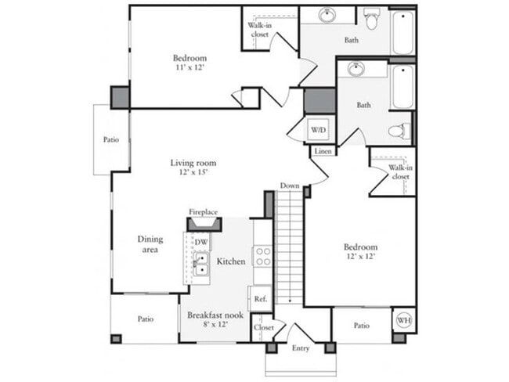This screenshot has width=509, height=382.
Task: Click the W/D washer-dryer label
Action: click(x=318, y=129)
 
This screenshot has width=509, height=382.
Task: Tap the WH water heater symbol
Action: click(x=404, y=320)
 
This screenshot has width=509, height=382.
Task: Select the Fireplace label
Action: click(x=203, y=212)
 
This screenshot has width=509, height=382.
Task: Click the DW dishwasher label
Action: click(x=201, y=243)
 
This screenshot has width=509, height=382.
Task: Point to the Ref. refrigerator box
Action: click(x=260, y=297)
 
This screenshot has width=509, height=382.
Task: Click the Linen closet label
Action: click(x=322, y=151)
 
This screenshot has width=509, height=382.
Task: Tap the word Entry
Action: click(x=301, y=348)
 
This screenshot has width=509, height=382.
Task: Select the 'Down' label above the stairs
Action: click(x=290, y=186)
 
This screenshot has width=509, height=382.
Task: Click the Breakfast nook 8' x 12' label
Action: click(x=214, y=319)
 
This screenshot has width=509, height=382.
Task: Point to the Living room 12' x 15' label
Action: click(x=193, y=168)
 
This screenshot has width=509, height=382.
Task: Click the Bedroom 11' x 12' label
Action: click(x=190, y=63)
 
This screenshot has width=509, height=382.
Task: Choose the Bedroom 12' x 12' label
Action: click(x=360, y=251)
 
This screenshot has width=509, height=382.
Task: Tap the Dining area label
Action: click(x=150, y=244)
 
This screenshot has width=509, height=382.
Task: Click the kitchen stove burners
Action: click(x=263, y=258)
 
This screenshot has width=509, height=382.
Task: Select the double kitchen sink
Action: click(x=201, y=264)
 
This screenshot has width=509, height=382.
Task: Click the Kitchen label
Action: click(x=232, y=261)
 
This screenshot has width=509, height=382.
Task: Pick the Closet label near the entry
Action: click(x=264, y=327)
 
